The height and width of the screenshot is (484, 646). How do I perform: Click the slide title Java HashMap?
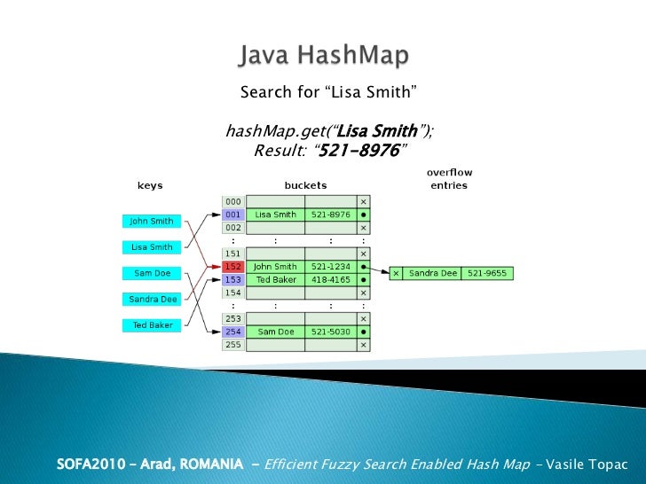323,58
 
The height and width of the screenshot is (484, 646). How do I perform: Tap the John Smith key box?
152,221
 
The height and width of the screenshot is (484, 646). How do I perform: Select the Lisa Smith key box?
152,246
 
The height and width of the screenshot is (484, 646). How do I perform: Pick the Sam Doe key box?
151,273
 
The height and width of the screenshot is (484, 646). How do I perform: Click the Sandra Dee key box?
153,299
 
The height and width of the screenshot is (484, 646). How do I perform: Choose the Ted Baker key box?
152,325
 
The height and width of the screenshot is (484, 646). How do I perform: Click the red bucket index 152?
232,266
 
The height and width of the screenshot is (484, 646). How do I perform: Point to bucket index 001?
232,215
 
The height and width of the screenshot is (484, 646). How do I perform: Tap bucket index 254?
232,332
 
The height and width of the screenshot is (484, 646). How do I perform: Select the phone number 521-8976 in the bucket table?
331,215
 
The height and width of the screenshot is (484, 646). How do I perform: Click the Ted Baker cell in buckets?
275,279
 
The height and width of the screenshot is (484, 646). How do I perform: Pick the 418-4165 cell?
331,279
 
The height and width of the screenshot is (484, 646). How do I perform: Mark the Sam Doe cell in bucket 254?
275,332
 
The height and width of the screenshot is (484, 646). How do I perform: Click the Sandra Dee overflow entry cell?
432,273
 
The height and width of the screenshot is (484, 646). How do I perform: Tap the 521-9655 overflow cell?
488,273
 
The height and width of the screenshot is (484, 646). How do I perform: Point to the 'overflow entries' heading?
448,178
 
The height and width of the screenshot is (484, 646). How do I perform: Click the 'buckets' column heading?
305,186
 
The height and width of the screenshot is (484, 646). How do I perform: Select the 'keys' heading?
149,186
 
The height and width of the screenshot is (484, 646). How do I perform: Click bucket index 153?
232,279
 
